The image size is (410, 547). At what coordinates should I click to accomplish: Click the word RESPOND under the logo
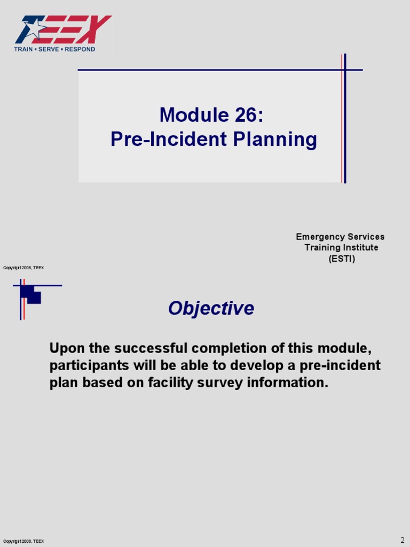tap(80, 49)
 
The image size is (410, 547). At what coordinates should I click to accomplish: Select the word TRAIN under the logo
tap(23, 49)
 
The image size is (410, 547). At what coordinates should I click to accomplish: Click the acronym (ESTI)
tap(341, 259)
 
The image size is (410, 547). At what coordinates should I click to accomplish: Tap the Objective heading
tap(211, 308)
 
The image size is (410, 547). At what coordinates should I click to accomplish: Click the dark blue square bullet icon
tap(31, 294)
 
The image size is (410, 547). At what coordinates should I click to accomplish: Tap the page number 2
tap(403, 540)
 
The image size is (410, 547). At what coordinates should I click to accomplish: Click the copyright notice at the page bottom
tap(23, 541)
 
